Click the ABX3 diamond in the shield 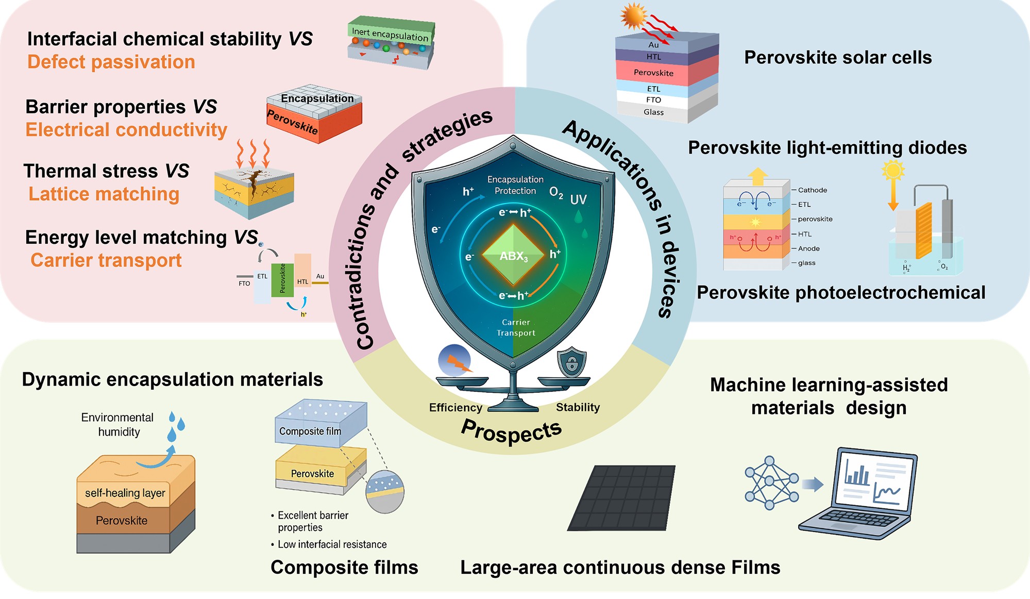pos(513,255)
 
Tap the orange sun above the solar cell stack pos(633,16)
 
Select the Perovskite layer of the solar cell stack pos(654,73)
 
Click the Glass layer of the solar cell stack pos(653,112)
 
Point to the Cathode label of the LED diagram pos(813,190)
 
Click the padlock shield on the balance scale pos(571,362)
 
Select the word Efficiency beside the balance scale pos(455,408)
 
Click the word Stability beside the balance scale pos(578,407)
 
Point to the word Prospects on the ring pos(511,431)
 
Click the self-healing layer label pos(125,493)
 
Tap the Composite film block pos(319,423)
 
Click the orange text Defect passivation pos(111,62)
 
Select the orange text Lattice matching pos(104,194)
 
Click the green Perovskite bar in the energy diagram pos(282,279)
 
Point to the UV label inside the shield pos(578,199)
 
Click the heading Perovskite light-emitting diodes pos(827,148)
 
